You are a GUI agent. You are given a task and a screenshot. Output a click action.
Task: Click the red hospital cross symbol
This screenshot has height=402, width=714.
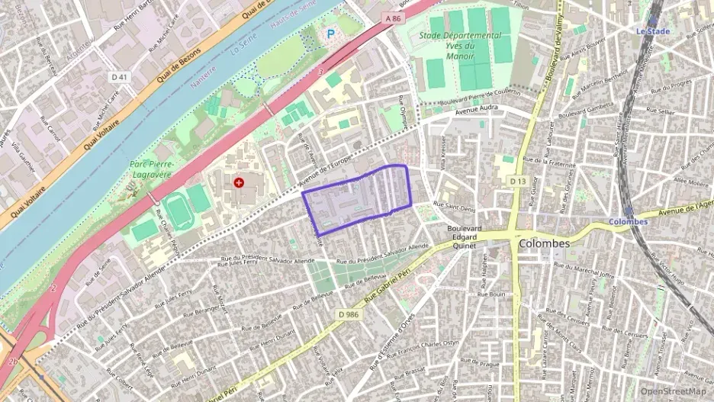(240, 182)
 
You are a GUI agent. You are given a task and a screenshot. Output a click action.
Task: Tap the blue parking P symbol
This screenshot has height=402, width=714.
(330, 34)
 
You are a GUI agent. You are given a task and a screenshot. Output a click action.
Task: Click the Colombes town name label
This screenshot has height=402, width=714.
(544, 243)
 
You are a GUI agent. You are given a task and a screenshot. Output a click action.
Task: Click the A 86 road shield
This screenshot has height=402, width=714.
(393, 18)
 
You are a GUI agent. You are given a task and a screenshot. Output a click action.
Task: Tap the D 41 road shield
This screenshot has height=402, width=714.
(119, 77)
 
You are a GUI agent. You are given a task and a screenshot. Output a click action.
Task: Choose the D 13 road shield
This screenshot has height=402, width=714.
(517, 181)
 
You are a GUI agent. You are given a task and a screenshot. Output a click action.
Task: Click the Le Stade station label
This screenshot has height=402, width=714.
(653, 31)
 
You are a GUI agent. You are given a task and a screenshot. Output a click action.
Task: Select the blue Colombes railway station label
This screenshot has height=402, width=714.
(628, 222)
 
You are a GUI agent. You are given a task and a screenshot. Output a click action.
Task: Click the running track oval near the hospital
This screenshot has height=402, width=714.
(180, 211)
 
